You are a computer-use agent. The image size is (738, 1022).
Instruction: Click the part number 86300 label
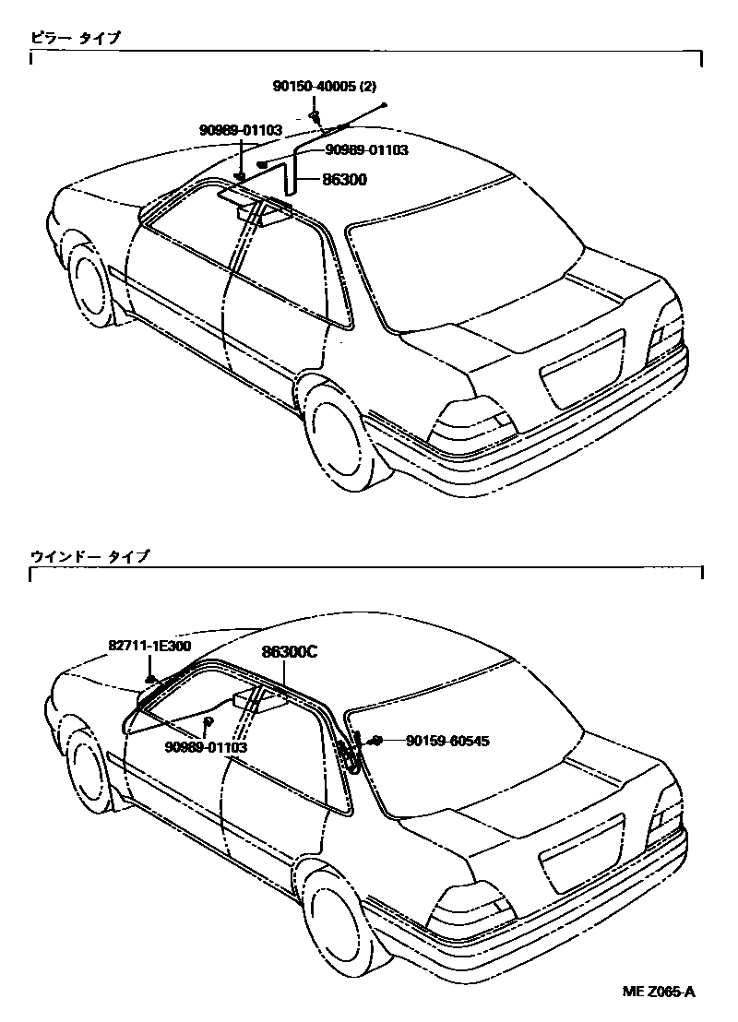344,181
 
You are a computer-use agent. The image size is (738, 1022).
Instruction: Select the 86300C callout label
289,651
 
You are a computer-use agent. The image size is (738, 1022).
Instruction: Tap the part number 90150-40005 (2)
324,87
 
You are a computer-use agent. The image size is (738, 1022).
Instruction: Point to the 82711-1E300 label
149,646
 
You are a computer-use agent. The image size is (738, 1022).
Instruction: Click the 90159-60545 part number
439,741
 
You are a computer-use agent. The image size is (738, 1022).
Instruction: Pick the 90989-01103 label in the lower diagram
207,747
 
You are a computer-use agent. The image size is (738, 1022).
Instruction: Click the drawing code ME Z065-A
659,992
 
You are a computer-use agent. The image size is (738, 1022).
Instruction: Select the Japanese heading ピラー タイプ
75,38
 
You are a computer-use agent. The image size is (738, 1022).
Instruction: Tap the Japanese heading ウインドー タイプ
89,557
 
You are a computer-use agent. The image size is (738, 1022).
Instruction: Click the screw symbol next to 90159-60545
376,741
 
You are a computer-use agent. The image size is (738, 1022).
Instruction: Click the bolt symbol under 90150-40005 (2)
315,115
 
